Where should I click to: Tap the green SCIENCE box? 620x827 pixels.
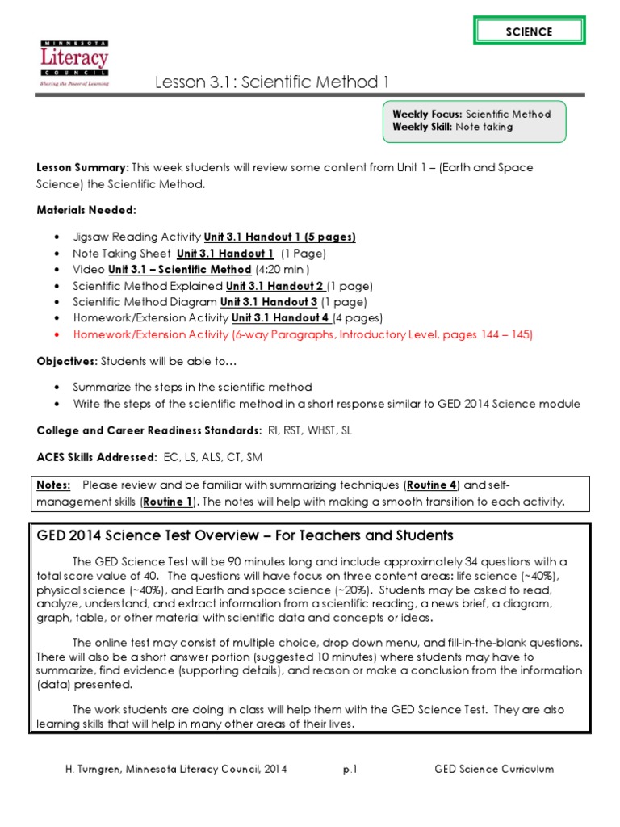529,31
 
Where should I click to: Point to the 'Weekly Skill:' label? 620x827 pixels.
423,127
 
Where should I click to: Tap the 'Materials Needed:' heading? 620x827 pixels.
86,210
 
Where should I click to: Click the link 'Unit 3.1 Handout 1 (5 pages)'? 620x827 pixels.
279,237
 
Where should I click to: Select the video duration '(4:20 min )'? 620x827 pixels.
283,269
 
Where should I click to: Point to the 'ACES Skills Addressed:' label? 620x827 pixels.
97,457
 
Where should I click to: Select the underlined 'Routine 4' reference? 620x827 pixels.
432,485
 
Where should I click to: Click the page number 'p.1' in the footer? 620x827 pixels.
350,769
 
